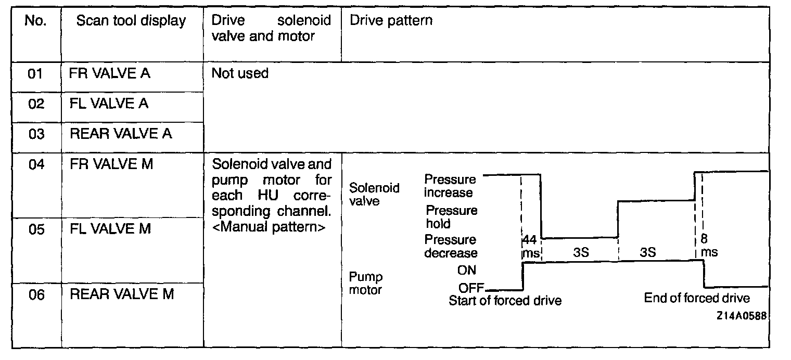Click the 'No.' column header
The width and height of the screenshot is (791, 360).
click(x=36, y=22)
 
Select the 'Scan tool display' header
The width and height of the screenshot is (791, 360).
click(x=131, y=21)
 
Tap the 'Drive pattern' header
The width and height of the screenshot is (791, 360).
click(x=391, y=21)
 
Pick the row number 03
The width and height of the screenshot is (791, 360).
click(x=36, y=134)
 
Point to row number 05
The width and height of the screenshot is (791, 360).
click(x=36, y=229)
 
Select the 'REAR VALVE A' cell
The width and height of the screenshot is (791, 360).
click(x=121, y=134)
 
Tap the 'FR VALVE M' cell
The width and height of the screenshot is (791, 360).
click(x=111, y=164)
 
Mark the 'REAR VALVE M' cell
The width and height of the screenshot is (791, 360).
click(x=122, y=294)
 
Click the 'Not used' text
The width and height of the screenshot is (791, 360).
click(x=240, y=73)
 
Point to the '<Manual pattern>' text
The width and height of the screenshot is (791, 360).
click(x=269, y=227)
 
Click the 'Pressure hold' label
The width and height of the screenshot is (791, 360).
click(x=451, y=217)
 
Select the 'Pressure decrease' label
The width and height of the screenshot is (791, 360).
click(x=451, y=246)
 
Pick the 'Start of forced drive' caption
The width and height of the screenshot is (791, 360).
click(x=505, y=301)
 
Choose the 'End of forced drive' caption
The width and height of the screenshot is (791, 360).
click(x=697, y=298)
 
